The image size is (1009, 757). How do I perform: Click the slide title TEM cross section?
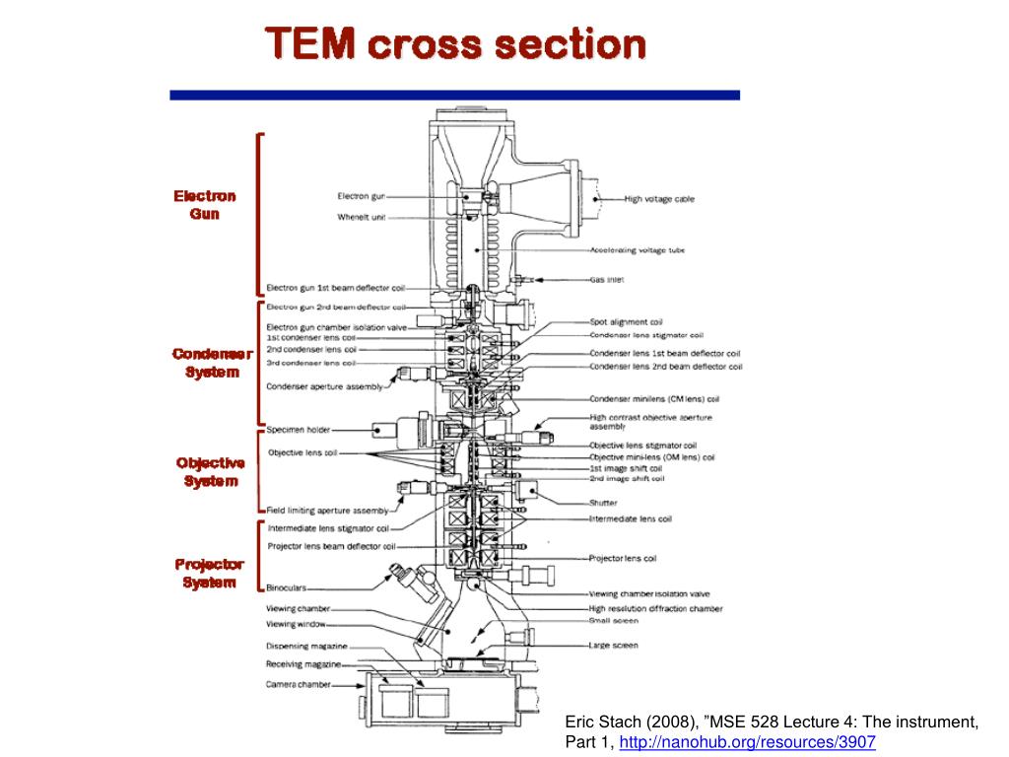[x=455, y=44]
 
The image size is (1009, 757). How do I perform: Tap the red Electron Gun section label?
[x=205, y=204]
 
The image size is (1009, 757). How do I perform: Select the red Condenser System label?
[x=212, y=362]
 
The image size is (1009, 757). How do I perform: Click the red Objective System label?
[x=210, y=471]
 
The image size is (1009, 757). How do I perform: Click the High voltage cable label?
[x=659, y=199]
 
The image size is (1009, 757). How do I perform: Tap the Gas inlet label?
[x=606, y=280]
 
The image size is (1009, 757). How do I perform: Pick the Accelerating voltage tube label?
[x=637, y=250]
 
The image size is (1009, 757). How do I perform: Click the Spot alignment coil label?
[x=626, y=322]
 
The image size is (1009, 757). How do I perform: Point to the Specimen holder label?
[x=299, y=430]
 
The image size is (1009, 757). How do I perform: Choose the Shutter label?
[x=604, y=503]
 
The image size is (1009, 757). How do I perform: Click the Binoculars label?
[x=287, y=588]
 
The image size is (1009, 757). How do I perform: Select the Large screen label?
[x=613, y=646]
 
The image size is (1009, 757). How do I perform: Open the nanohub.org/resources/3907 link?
[x=748, y=741]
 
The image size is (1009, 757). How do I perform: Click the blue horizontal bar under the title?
[x=454, y=96]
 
